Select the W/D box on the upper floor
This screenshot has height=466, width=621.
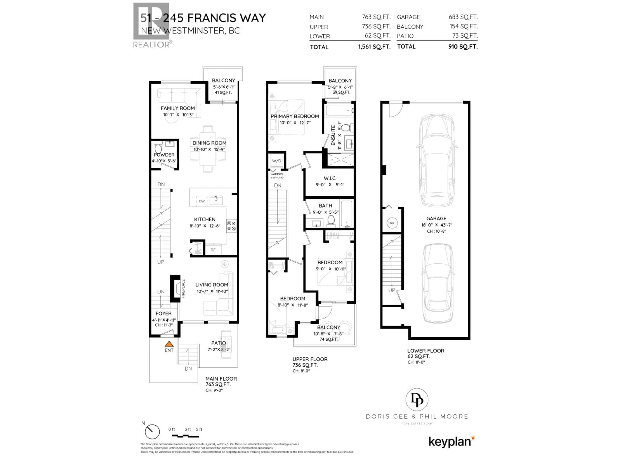[x=277, y=161]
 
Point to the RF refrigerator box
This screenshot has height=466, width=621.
[x=213, y=250]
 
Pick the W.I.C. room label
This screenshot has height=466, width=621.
[x=330, y=178]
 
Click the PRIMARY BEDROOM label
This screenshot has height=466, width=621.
[x=295, y=116]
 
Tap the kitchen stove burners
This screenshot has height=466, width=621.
[x=231, y=226]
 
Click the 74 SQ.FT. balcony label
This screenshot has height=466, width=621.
[x=328, y=339]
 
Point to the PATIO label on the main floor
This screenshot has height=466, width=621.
[x=218, y=343]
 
